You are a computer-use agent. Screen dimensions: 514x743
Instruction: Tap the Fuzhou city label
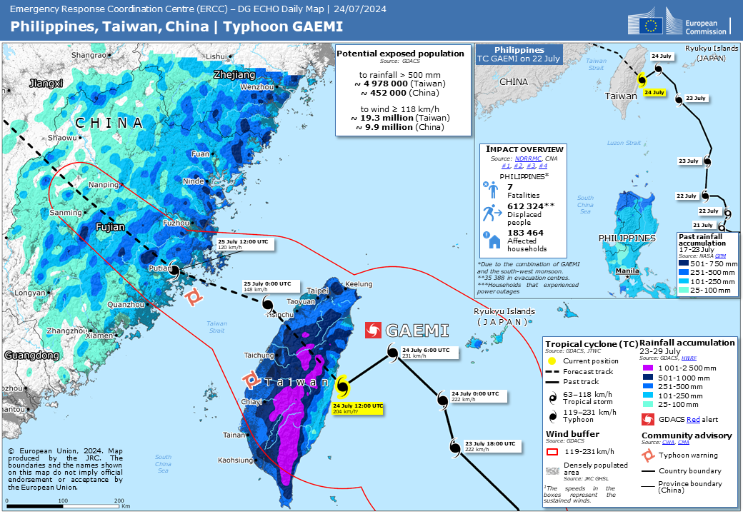176,223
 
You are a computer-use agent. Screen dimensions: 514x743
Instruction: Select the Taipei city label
317,291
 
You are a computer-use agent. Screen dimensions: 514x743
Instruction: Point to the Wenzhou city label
257,87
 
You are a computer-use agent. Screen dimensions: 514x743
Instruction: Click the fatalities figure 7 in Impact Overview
510,187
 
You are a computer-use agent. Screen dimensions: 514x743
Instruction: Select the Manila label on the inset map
627,271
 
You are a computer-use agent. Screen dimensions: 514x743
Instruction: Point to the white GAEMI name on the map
417,331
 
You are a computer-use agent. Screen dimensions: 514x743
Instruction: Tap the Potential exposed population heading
400,54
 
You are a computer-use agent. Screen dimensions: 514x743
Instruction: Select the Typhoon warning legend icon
647,455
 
